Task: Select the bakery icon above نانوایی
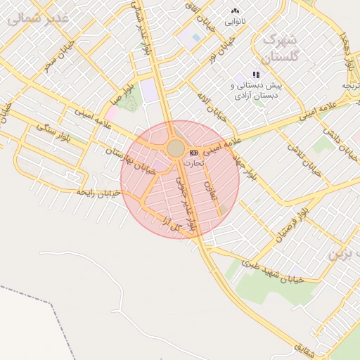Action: pos(235,11)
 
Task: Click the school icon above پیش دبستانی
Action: pos(257,74)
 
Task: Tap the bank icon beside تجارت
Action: pos(193,152)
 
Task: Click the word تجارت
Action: pos(192,162)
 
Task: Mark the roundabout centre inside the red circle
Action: pos(175,148)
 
